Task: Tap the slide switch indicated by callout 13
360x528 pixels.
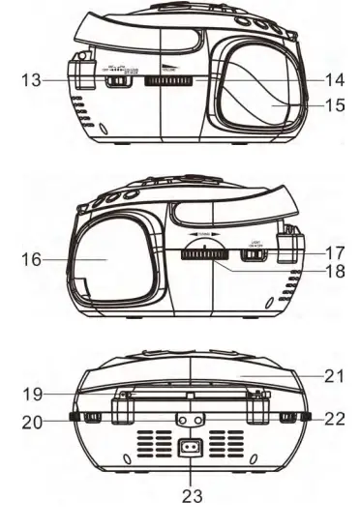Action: tap(116, 81)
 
